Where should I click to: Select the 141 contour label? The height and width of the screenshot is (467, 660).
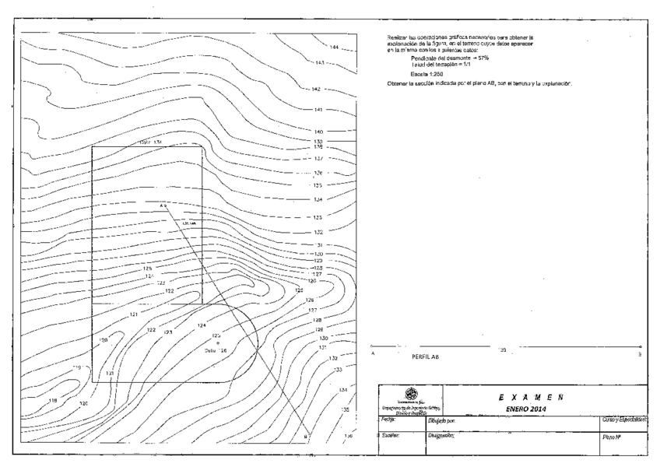point(318,110)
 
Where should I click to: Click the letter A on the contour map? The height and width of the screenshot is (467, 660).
point(163,206)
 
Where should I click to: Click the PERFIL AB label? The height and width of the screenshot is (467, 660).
point(424,357)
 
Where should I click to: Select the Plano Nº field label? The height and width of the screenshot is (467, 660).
point(612,439)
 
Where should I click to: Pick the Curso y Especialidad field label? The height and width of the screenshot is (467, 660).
point(626,420)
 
